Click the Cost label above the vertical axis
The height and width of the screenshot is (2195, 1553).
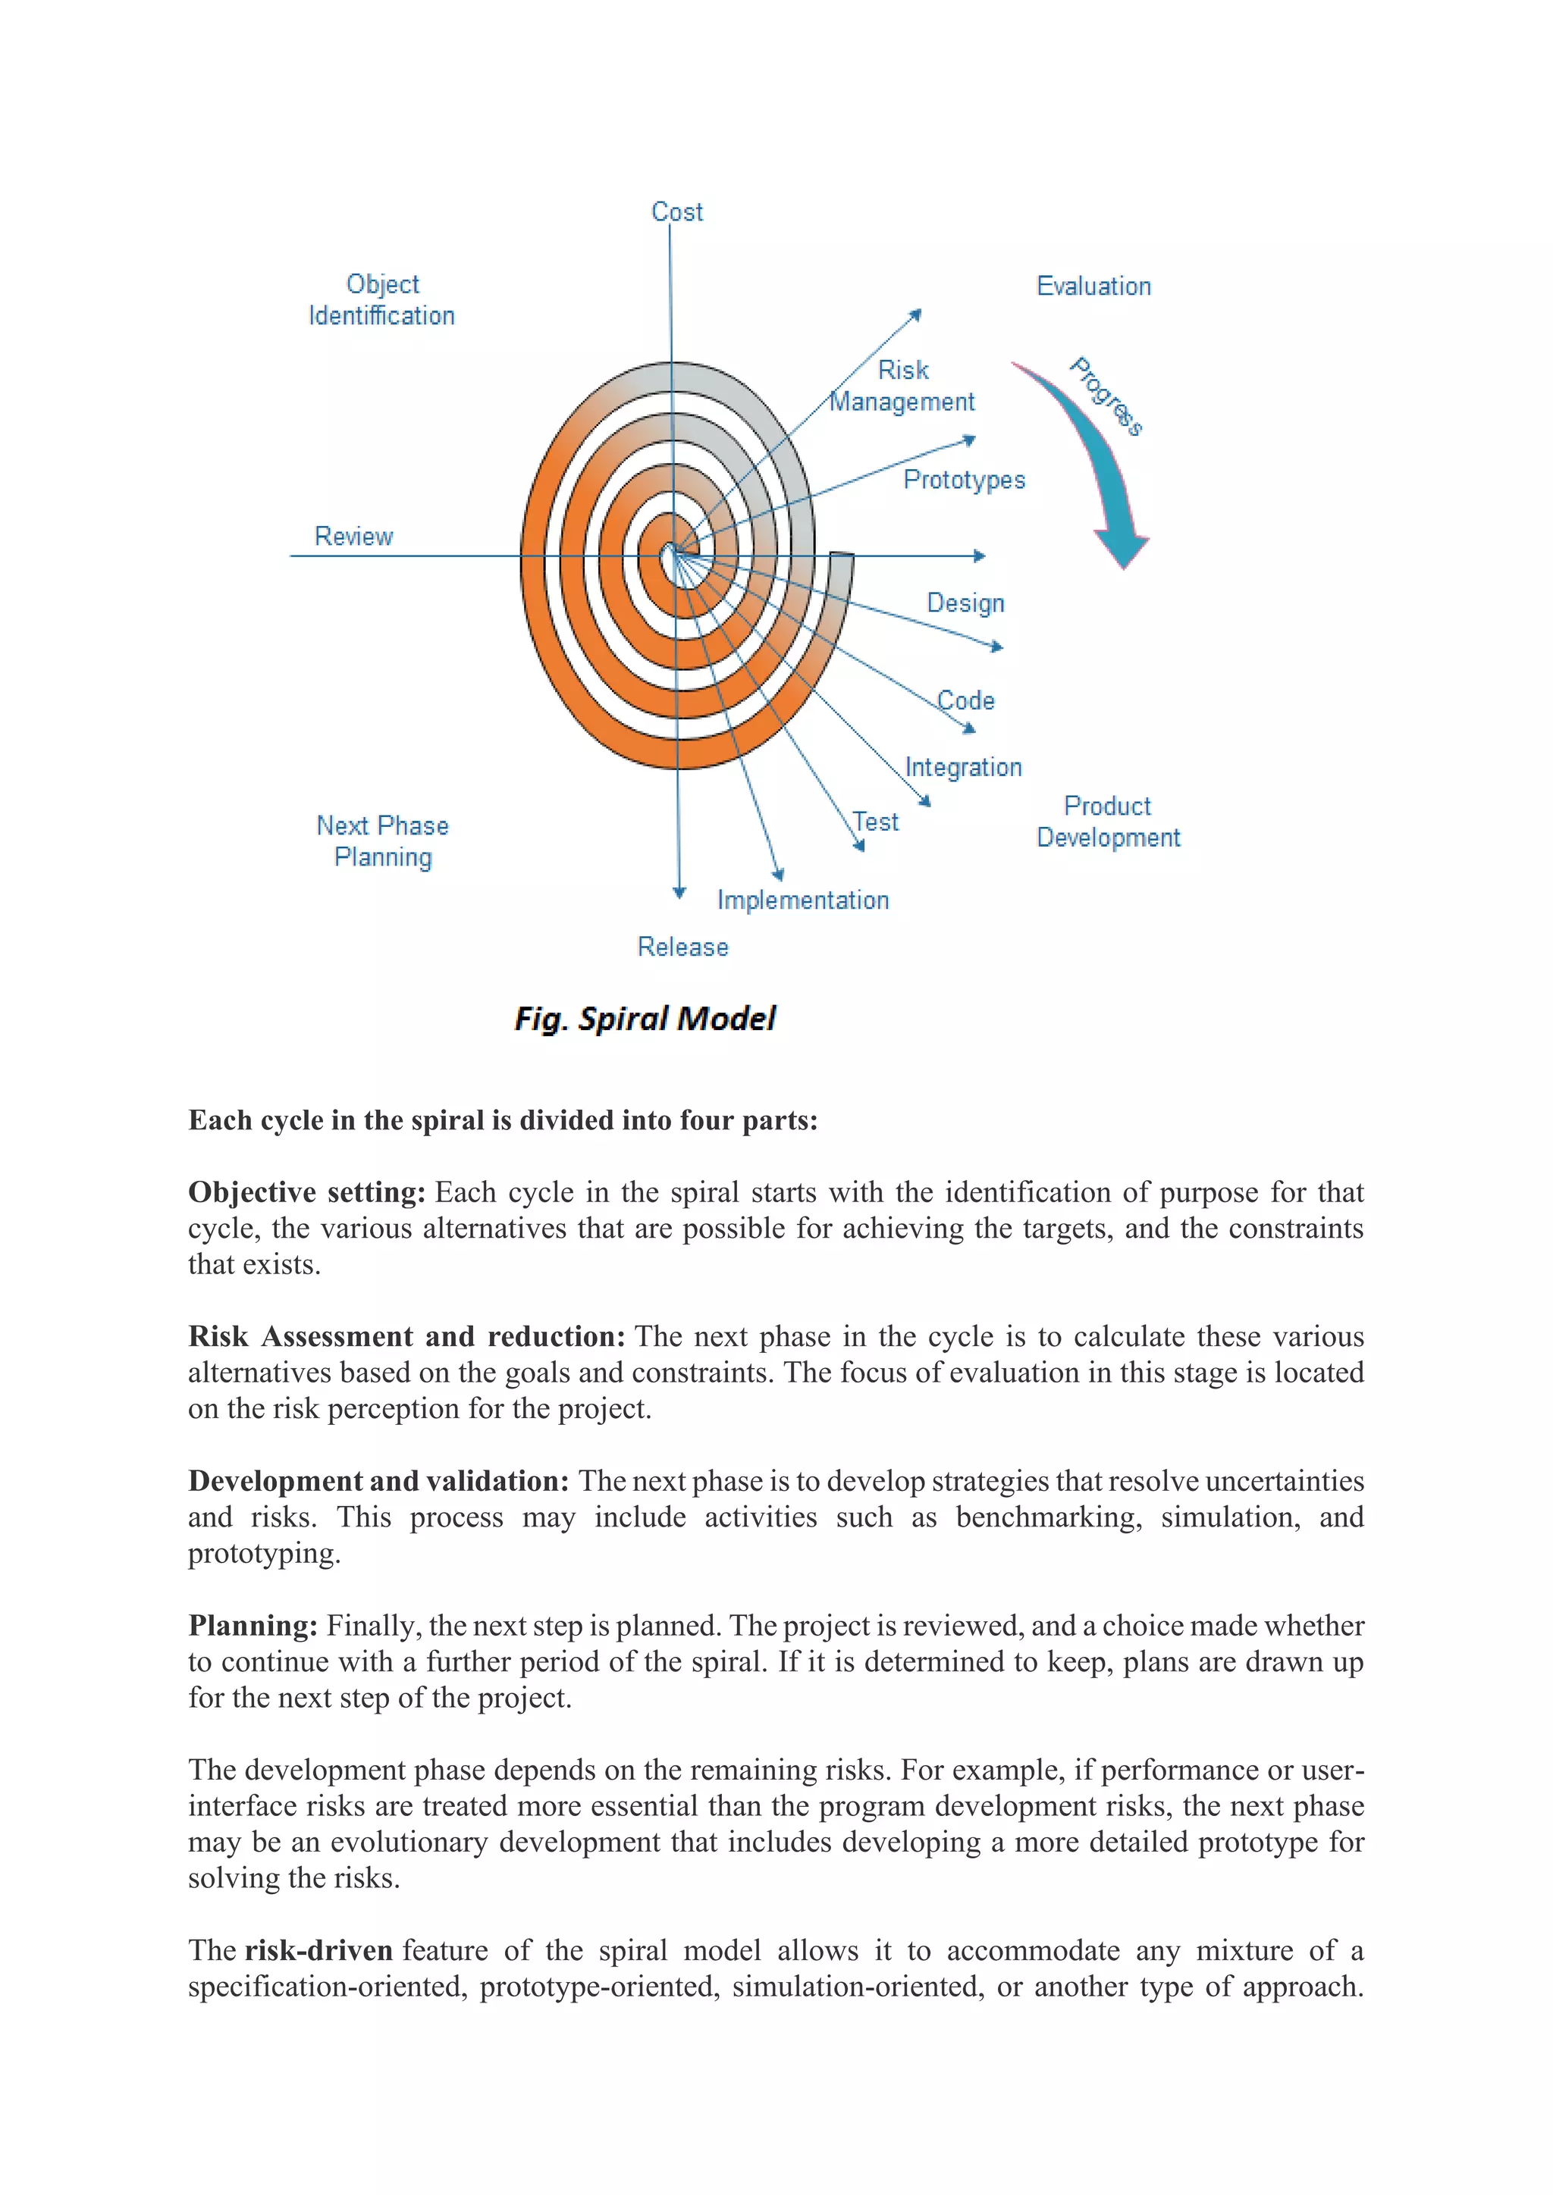pos(676,211)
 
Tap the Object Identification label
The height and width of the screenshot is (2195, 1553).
pos(381,300)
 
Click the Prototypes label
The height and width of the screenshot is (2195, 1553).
pos(963,479)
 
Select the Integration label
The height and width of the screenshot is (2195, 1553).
pos(963,767)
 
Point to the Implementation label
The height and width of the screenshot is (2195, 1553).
pos(802,900)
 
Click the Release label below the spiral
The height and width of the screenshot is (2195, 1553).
pos(682,947)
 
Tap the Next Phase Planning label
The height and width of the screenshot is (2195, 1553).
pos(382,841)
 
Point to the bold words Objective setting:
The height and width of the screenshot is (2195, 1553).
pos(306,1192)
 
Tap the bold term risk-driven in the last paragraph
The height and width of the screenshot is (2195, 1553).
pos(318,1950)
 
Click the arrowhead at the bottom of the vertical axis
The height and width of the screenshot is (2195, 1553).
pos(679,892)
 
